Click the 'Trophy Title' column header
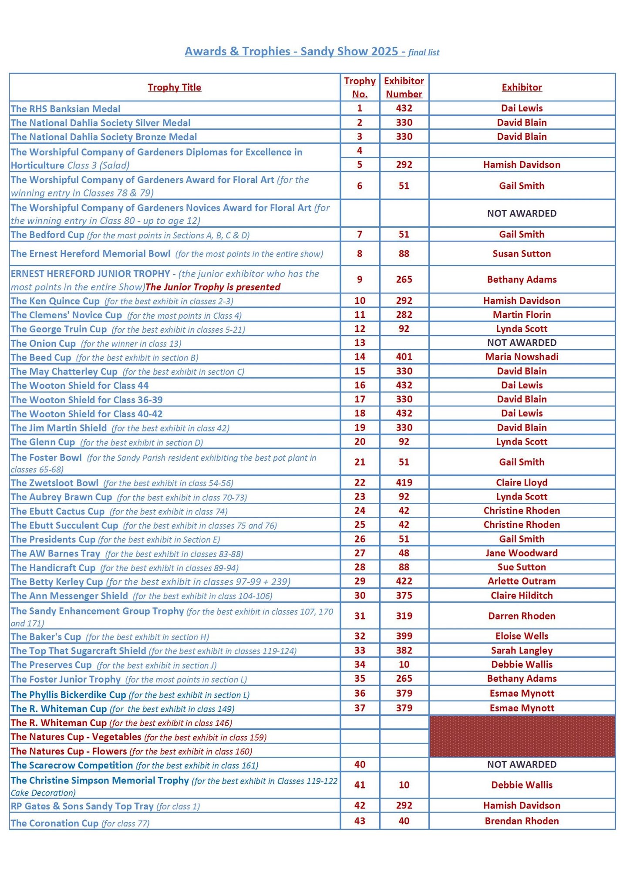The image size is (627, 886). tap(174, 88)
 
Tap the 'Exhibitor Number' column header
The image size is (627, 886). tap(404, 88)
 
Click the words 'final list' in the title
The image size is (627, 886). tap(424, 53)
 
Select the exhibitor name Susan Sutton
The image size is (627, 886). tap(522, 254)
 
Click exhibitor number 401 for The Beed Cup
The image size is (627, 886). tap(404, 357)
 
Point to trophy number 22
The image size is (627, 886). tap(360, 483)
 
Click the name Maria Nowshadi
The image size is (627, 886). tap(522, 357)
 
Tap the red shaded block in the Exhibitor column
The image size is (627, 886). tap(522, 736)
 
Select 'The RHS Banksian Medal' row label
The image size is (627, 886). tap(66, 109)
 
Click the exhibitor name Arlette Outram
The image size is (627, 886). tap(522, 581)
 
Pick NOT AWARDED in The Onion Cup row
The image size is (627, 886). tap(522, 343)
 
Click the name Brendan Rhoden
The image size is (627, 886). tap(522, 821)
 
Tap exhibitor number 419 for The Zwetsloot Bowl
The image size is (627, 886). tap(404, 483)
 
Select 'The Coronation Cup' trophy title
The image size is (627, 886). tap(55, 823)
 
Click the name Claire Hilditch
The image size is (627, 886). tap(522, 596)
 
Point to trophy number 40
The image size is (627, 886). tap(360, 765)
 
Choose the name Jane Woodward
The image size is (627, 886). tap(522, 553)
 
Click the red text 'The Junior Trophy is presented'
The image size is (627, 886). tap(213, 287)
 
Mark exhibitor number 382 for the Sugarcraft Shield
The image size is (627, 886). tap(404, 650)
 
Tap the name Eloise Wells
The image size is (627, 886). tap(522, 636)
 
